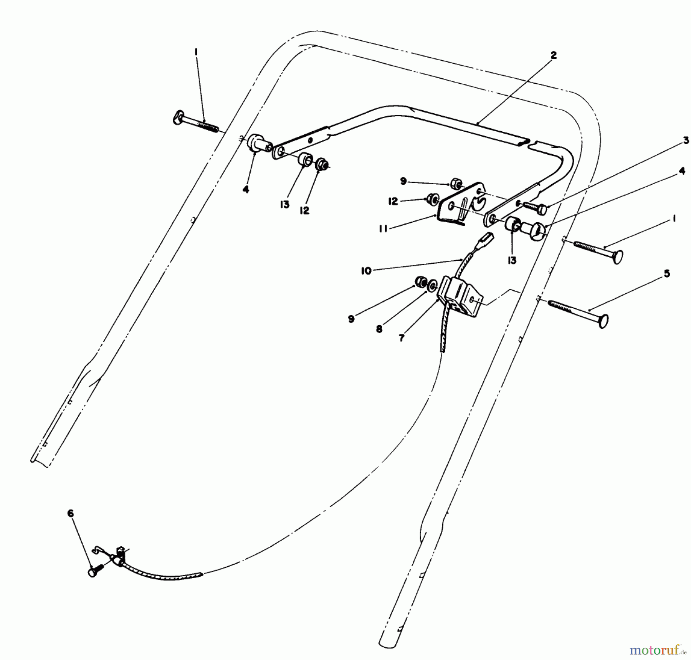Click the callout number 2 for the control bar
553,56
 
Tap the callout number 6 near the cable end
71,514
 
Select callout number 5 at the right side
667,274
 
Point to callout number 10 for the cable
366,271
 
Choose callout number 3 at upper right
686,141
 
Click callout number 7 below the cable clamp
402,338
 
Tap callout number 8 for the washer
379,329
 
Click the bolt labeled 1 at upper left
195,122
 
